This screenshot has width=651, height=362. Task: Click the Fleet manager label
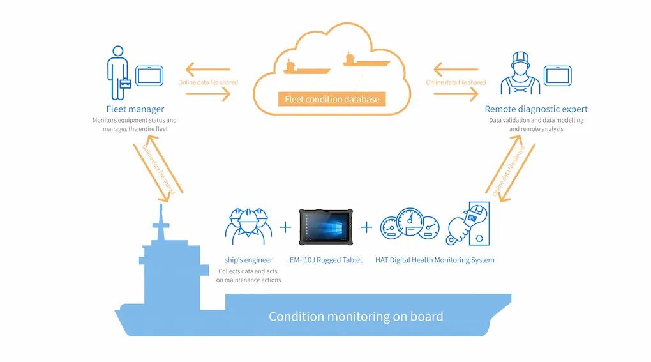tap(135, 109)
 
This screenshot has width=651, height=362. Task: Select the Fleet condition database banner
tap(332, 99)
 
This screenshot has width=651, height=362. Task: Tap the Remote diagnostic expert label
tap(536, 109)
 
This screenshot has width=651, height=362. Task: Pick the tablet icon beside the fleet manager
tap(147, 75)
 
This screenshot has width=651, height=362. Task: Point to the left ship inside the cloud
tap(307, 68)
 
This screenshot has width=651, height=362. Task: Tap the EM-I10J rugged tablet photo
tap(325, 227)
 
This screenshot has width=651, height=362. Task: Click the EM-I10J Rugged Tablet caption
tap(325, 260)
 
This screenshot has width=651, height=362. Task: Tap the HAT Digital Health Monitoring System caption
tap(435, 260)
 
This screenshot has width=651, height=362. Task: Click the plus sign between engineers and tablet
tap(285, 227)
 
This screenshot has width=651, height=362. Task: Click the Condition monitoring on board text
tap(355, 316)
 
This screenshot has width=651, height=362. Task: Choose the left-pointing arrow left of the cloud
tap(207, 70)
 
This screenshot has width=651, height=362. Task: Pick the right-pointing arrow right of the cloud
tap(456, 94)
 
